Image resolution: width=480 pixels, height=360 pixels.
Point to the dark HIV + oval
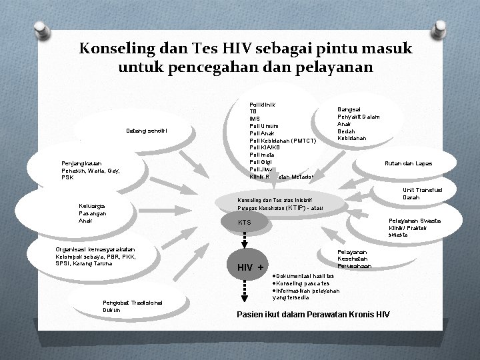246,267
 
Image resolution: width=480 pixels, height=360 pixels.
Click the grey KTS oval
245,221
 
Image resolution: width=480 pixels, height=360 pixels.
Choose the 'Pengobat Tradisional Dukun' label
132,306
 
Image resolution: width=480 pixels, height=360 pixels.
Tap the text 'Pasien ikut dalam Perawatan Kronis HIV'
313,314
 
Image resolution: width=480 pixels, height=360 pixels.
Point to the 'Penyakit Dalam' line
359,117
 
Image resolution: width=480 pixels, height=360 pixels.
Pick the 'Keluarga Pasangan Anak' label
94,213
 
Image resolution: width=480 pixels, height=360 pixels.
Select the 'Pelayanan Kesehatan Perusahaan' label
355,259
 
